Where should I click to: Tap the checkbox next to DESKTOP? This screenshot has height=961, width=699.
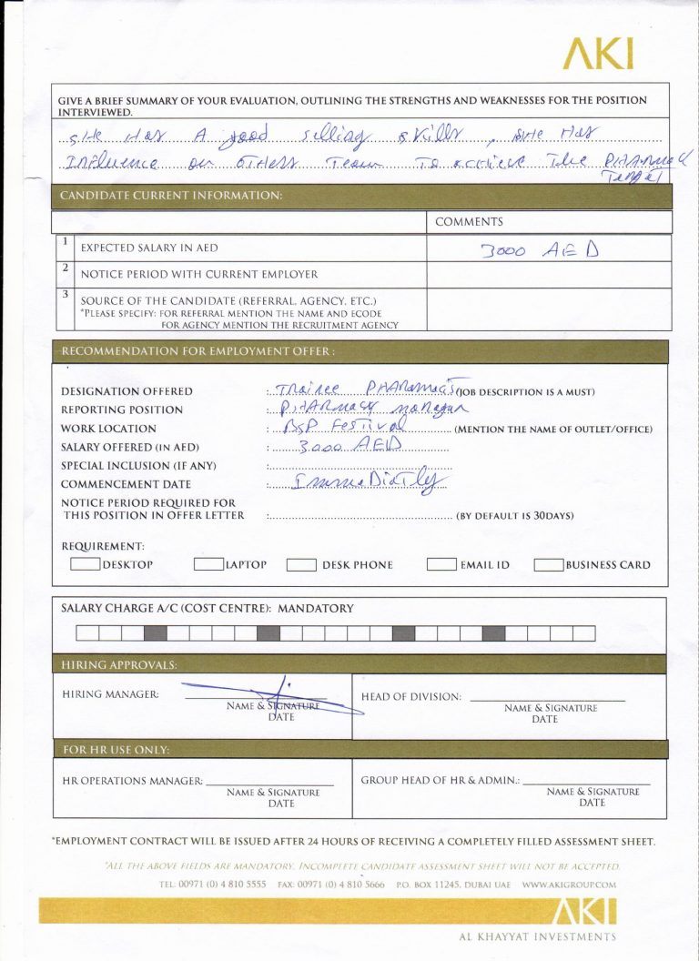[x=85, y=564]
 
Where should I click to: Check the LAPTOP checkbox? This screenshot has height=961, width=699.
[x=208, y=564]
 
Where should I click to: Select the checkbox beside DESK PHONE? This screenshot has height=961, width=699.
[x=301, y=564]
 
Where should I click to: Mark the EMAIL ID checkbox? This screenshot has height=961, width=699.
[x=441, y=564]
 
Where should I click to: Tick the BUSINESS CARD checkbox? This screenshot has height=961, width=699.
[x=548, y=564]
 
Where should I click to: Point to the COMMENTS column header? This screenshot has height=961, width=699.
[x=469, y=222]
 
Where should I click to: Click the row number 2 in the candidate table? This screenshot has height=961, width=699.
[x=66, y=268]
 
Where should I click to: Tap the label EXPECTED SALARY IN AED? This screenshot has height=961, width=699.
[x=149, y=248]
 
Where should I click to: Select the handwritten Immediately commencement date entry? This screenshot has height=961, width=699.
[x=370, y=482]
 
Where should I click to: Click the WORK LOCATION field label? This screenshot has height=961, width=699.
[x=108, y=429]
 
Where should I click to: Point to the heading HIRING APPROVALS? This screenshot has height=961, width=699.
[x=119, y=665]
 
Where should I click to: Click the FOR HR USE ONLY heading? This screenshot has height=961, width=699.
[x=116, y=750]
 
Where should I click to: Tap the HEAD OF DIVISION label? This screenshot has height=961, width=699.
[x=410, y=697]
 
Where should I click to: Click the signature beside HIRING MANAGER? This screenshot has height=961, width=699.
[x=273, y=699]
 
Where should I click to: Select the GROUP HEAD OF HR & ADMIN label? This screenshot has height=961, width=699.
[x=440, y=781]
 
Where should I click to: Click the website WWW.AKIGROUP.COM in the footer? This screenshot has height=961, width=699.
[x=569, y=884]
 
